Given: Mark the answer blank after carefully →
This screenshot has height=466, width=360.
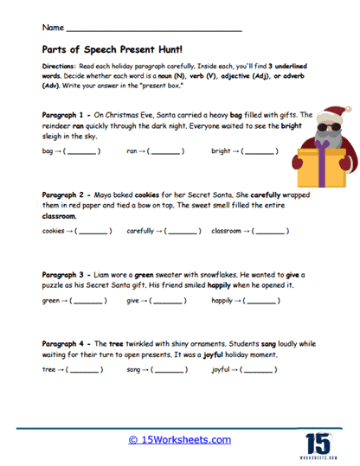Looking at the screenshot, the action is [183, 231].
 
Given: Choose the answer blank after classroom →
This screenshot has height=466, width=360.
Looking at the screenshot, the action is [272, 231].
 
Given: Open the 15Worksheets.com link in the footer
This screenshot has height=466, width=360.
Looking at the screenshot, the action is [179, 440].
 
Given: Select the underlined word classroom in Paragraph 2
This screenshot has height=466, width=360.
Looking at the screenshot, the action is [59, 215].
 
